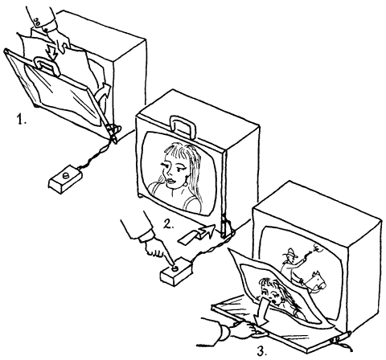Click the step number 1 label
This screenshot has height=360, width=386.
(22, 119)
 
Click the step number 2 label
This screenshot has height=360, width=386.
(169, 224)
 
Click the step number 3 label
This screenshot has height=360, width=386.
(262, 351)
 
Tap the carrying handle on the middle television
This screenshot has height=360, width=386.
(183, 125)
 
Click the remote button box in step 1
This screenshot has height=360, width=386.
(65, 179)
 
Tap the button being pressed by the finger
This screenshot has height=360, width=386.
(175, 268)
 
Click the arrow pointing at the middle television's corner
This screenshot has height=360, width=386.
(197, 234)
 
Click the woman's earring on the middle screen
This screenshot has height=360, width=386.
(185, 185)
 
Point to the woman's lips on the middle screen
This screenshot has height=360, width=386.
(170, 182)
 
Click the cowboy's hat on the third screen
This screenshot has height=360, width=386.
(290, 252)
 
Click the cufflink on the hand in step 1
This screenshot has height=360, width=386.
(37, 22)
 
